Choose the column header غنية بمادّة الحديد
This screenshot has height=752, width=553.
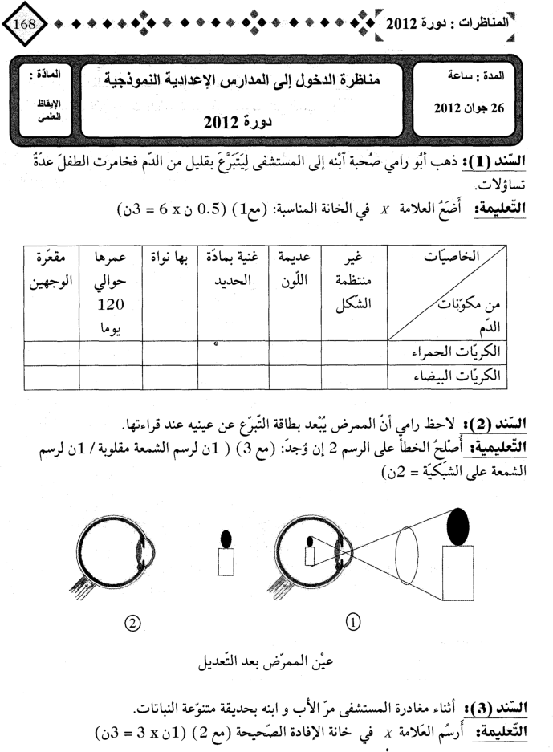coord(226,270)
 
